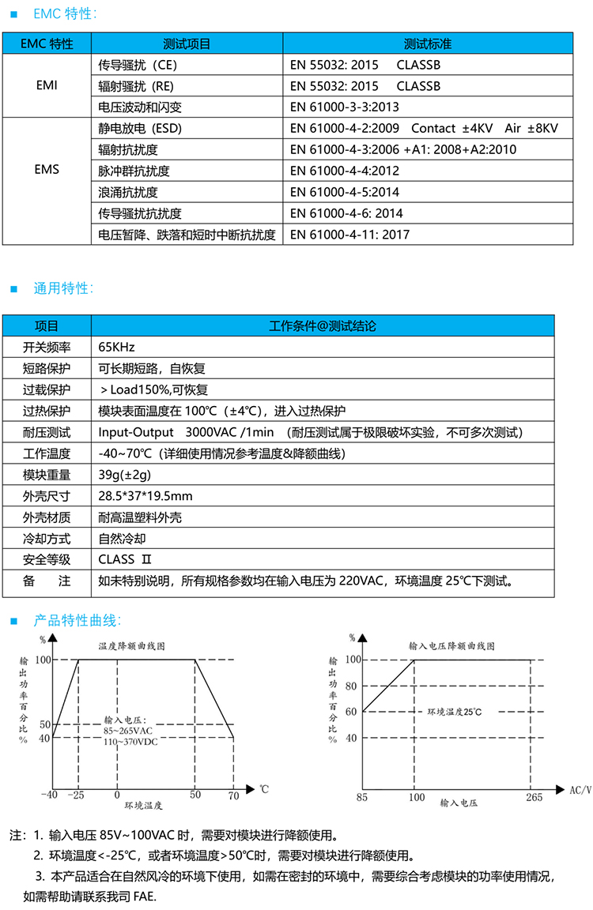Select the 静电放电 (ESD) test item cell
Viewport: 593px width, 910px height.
tap(142, 128)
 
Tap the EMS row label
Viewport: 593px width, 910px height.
tap(47, 170)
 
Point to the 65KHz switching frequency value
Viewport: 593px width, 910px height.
tap(117, 347)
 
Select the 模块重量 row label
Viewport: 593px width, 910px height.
tap(47, 475)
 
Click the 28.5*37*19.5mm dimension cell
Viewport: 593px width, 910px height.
tap(145, 496)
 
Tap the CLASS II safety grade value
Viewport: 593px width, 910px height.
tap(124, 560)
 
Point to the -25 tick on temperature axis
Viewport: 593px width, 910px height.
tap(77, 795)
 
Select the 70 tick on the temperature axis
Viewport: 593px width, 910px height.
tap(233, 795)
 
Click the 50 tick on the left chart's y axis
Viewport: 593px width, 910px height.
tap(45, 724)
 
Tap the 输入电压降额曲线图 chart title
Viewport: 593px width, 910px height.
tap(452, 645)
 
